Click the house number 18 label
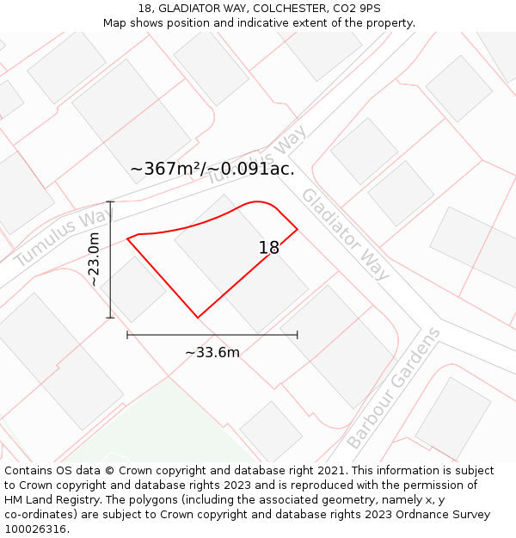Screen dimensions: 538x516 click(x=269, y=248)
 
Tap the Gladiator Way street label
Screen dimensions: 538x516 click(x=346, y=233)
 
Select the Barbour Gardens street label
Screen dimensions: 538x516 click(x=394, y=388)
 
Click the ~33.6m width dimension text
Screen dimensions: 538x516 click(x=212, y=352)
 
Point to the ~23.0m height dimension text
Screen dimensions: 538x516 click(x=94, y=259)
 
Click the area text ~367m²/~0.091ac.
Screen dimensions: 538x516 click(x=212, y=170)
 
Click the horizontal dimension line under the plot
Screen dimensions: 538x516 click(x=212, y=335)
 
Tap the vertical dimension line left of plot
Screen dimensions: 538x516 click(x=110, y=259)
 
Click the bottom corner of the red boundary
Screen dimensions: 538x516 click(x=198, y=318)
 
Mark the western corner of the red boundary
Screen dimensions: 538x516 click(x=128, y=238)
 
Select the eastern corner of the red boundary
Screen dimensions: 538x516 click(x=298, y=229)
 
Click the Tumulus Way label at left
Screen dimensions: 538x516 click(x=64, y=237)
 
